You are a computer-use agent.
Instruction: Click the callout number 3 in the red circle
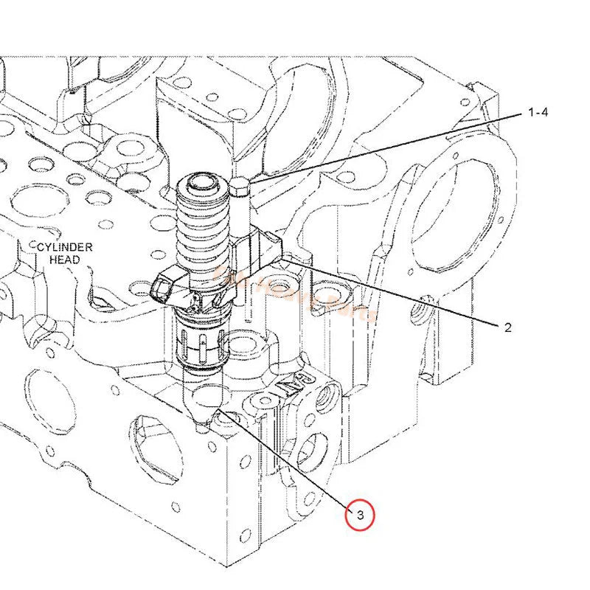pos(360,516)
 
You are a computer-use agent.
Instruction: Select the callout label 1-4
pos(538,113)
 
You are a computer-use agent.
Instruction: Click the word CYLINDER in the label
pos(66,247)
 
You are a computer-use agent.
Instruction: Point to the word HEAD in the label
pos(66,260)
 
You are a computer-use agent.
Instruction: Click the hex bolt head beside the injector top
pos(240,190)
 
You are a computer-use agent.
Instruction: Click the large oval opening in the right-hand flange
pos(453,214)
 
